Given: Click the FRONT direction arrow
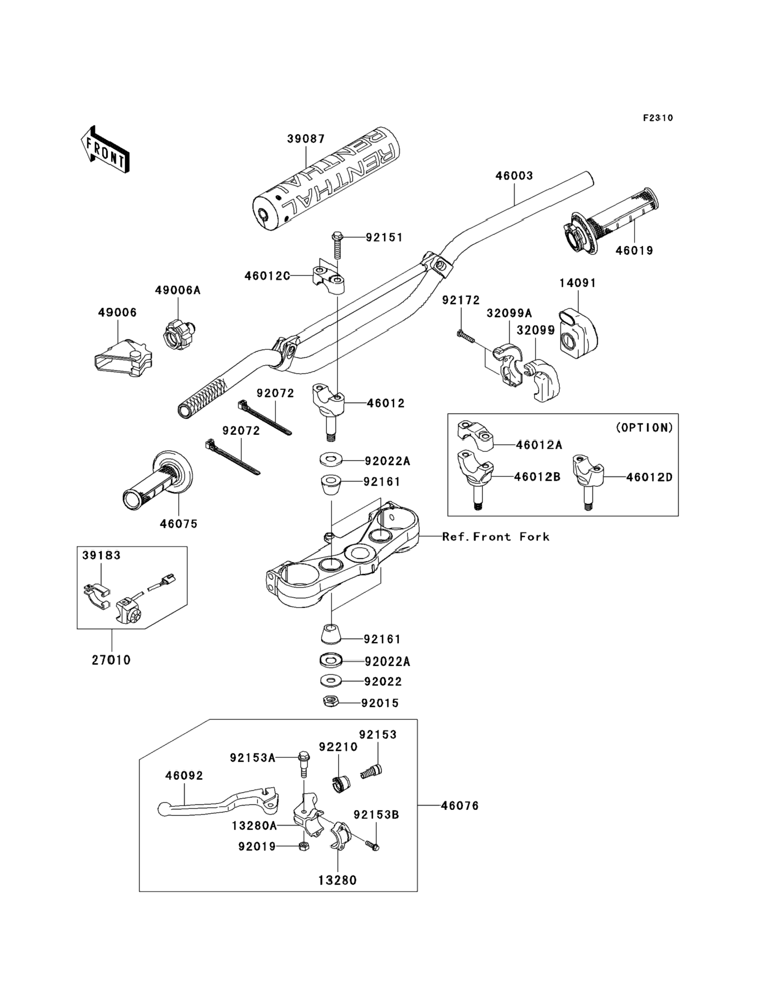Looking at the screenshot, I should click(105, 150).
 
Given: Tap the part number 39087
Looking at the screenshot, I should click(306, 138).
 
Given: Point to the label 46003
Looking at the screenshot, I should click(514, 175).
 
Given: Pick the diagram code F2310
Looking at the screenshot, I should click(658, 118).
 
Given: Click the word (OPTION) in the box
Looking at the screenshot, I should click(644, 428).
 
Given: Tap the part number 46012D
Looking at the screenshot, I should click(649, 477).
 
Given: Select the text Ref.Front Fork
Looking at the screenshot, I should click(496, 536).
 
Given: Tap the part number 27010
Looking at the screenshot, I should click(111, 660).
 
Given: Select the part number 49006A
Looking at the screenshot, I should click(178, 290).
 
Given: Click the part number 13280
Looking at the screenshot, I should click(337, 880).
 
